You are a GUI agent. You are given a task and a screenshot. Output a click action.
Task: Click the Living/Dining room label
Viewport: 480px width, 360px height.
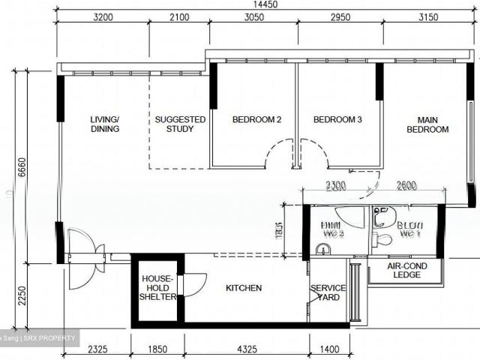(104, 124)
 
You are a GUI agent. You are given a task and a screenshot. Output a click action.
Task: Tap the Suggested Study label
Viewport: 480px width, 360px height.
(180, 124)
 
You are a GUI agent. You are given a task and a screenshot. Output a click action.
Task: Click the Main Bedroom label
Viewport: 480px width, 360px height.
(427, 124)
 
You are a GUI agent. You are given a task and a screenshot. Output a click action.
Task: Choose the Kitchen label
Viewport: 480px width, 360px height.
(244, 288)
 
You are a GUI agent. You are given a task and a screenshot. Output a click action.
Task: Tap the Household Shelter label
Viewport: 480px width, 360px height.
(157, 288)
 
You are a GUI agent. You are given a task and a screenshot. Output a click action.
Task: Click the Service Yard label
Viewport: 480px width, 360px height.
(328, 292)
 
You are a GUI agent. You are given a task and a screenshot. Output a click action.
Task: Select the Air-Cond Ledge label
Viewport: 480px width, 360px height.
(404, 270)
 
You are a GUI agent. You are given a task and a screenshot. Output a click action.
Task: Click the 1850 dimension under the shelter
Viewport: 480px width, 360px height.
(157, 349)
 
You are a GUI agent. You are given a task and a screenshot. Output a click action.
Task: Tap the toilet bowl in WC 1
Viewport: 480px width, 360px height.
(382, 239)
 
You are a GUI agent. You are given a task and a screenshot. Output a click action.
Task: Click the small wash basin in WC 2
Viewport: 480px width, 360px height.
(324, 249)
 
